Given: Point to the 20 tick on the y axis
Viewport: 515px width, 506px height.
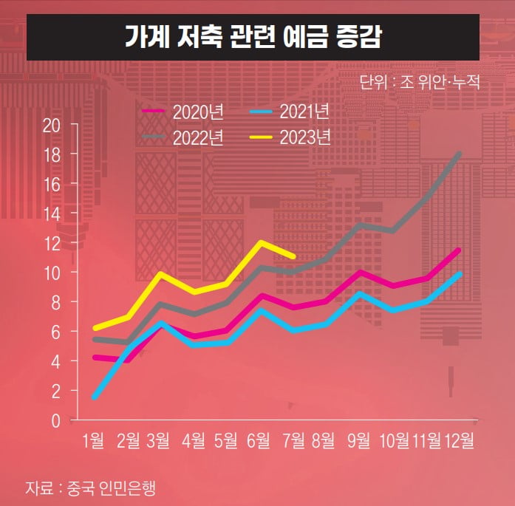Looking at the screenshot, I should [x=51, y=124].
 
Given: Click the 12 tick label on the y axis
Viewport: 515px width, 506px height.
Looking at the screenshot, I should [x=51, y=243].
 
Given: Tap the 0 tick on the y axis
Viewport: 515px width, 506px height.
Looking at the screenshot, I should [x=56, y=420].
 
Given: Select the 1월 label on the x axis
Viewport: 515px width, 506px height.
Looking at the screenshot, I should [x=94, y=441].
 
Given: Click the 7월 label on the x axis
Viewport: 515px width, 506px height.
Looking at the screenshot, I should [x=293, y=441].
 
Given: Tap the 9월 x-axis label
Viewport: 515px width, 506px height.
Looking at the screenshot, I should [x=359, y=441].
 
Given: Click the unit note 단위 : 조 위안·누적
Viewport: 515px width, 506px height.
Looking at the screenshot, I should [x=420, y=82].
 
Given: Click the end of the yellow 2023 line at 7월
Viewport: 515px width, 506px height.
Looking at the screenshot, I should [x=293, y=256].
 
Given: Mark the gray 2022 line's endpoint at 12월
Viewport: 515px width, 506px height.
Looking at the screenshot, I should [x=459, y=154].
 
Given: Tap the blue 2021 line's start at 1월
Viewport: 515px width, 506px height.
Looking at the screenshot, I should [x=95, y=397].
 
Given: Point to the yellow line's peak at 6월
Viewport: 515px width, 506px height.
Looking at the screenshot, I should [x=260, y=242].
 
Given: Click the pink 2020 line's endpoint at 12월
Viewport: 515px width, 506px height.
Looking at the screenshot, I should [x=459, y=250].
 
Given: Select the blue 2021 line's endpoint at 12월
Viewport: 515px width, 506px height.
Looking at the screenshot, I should [x=459, y=274].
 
